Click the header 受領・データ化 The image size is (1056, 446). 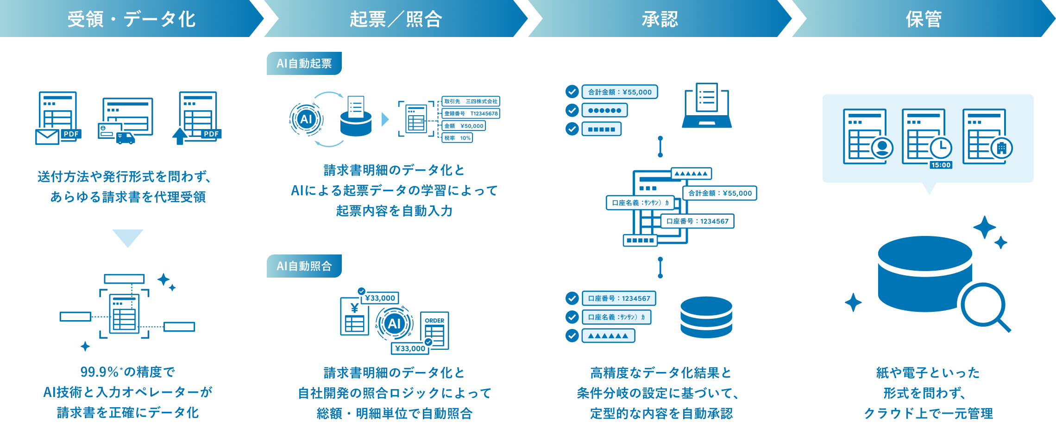(x=132, y=19)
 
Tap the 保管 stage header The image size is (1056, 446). (x=924, y=19)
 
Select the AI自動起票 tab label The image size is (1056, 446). (x=304, y=63)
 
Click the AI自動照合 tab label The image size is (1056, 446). (x=304, y=266)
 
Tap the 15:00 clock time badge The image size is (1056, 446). (x=941, y=165)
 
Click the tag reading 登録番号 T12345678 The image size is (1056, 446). (x=471, y=113)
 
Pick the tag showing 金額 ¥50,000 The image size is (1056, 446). (x=464, y=126)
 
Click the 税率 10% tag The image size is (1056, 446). (x=457, y=138)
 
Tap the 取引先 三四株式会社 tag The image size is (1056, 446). (x=471, y=101)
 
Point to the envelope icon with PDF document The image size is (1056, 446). (x=48, y=136)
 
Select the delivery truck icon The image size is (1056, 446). (x=126, y=138)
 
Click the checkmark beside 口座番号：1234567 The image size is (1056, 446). (x=572, y=298)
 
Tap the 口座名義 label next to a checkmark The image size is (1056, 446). (x=616, y=317)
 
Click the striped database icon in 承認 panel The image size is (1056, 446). (x=706, y=317)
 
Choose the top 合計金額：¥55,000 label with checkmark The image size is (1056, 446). (x=620, y=92)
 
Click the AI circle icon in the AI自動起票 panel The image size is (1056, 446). (x=306, y=119)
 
